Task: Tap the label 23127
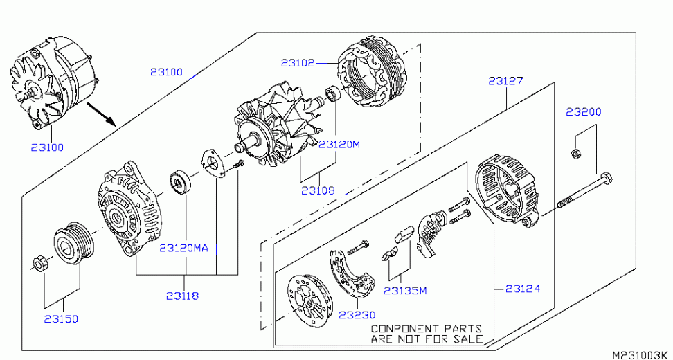click(505, 81)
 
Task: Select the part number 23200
click(583, 111)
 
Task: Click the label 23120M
click(339, 145)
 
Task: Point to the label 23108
click(318, 189)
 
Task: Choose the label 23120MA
click(183, 248)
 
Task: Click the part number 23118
click(182, 296)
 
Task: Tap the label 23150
click(62, 319)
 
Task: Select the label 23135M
click(404, 291)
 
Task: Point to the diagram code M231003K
click(640, 354)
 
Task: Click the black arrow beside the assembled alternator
click(100, 113)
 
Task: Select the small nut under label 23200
click(575, 153)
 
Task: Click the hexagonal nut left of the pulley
click(40, 264)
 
